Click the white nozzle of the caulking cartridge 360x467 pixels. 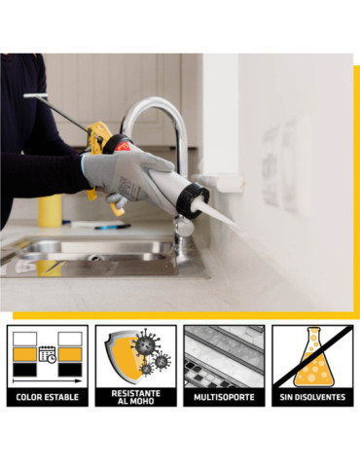(215, 211)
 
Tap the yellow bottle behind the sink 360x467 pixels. (50, 210)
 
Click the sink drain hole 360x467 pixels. (95, 258)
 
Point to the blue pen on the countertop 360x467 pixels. (112, 227)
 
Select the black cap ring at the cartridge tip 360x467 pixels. (194, 201)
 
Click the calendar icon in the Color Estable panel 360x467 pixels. (48, 354)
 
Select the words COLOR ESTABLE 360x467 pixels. (48, 397)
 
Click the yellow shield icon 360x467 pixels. (125, 356)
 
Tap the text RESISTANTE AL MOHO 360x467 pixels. (136, 397)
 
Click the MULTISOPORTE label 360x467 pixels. (224, 397)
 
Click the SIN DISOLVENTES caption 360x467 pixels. (312, 397)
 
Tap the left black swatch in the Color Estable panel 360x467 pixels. (24, 370)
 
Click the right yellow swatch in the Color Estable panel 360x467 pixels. (70, 354)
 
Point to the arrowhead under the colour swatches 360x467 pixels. (79, 380)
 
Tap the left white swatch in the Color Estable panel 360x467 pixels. (24, 339)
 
